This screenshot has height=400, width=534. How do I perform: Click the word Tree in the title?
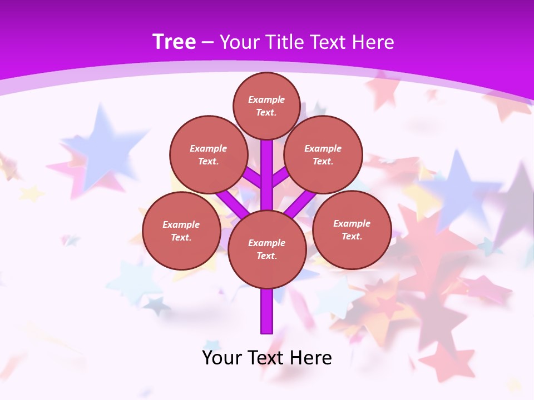coord(174,42)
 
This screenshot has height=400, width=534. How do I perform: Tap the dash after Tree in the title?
coord(207,43)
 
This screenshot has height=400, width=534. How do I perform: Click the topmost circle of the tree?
coord(266,106)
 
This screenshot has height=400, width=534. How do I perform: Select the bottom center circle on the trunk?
coord(267,249)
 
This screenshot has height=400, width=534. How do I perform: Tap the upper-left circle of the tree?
coord(208,154)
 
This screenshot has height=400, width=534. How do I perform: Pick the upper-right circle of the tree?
coord(323,154)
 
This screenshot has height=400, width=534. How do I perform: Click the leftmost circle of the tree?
coord(181,231)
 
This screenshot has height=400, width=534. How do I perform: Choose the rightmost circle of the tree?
coord(352,229)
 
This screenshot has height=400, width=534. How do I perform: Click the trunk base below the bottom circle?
coord(267,311)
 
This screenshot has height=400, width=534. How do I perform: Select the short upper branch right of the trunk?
coord(280,177)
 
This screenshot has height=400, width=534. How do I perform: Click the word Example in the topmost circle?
coord(266,99)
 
